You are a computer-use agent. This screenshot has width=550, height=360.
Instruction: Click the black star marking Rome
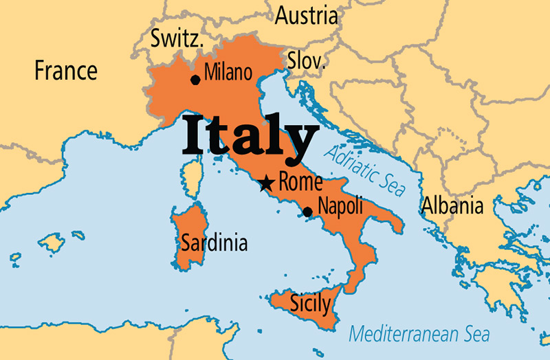point(266,183)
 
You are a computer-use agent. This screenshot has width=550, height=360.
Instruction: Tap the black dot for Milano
point(195,80)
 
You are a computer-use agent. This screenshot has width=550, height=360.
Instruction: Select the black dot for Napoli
point(307,212)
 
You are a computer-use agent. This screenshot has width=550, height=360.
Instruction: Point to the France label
point(66,70)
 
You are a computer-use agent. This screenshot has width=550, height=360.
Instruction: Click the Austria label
point(307,15)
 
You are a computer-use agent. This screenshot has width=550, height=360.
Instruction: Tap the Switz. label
point(177,39)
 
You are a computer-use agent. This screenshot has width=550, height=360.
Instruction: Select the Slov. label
point(306,60)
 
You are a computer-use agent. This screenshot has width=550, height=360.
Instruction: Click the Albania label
point(452,205)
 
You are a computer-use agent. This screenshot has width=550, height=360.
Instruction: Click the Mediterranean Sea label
point(419,334)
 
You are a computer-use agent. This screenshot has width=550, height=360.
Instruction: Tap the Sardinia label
point(213,243)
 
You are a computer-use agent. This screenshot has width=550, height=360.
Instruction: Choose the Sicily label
point(309,304)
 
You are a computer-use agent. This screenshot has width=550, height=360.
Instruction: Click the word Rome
point(300,182)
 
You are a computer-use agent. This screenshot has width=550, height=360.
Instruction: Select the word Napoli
point(340,207)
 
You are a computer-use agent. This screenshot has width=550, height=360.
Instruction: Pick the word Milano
point(229,72)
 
